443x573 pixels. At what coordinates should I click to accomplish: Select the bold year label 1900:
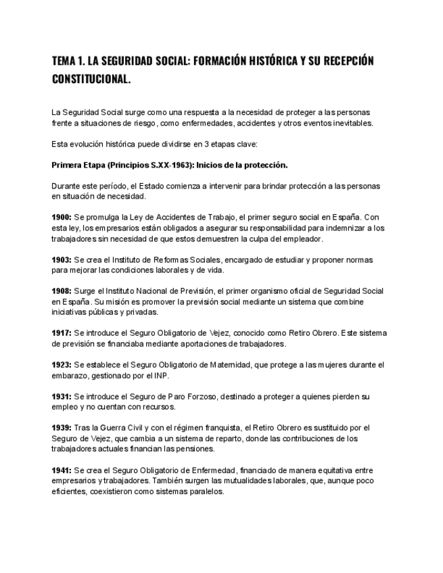click(x=62, y=218)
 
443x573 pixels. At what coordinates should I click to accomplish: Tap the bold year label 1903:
click(x=62, y=260)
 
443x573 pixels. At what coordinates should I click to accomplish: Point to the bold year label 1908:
click(x=62, y=291)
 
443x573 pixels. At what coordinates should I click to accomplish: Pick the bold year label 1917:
click(x=62, y=333)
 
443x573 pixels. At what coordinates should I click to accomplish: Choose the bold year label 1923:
click(x=62, y=365)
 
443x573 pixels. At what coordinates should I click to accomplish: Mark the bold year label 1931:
click(x=62, y=397)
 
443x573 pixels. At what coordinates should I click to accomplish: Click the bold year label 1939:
click(x=62, y=428)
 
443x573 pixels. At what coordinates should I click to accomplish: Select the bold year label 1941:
click(x=62, y=470)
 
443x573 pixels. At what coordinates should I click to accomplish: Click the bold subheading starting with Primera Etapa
click(x=170, y=165)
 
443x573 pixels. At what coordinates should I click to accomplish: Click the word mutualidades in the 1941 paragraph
click(x=237, y=481)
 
